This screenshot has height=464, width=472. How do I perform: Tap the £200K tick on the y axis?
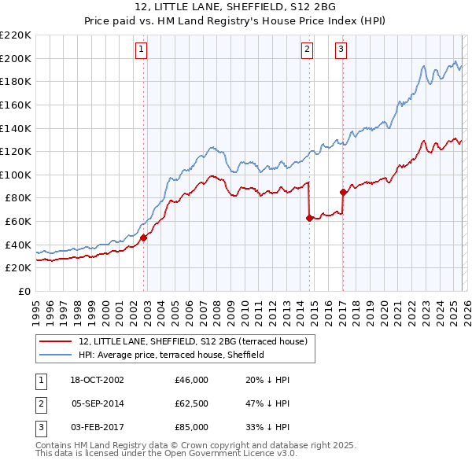point(16,58)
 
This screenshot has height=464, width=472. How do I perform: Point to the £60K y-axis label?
point(18,221)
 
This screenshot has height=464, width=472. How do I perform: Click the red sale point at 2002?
point(144,237)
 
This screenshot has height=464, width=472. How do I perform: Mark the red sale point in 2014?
point(309,218)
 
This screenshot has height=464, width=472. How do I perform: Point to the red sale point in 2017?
point(343,192)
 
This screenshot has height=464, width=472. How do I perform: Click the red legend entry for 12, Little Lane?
point(197,341)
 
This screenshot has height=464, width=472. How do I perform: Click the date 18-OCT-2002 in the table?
point(98,379)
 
